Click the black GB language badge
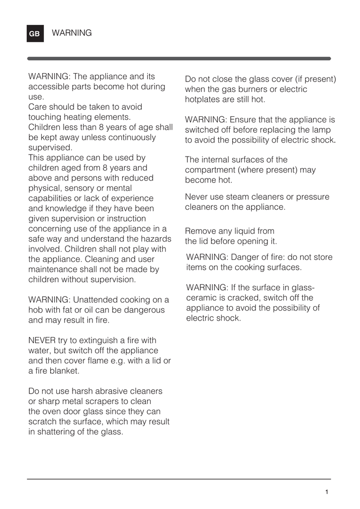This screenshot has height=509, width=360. pyautogui.click(x=35, y=34)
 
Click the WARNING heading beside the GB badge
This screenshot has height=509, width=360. pyautogui.click(x=72, y=33)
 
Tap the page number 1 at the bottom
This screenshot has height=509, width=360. pyautogui.click(x=327, y=492)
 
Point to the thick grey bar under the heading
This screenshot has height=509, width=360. pyautogui.click(x=179, y=59)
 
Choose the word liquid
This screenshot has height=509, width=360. pyautogui.click(x=239, y=231)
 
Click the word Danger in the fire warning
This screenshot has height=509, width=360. pyautogui.click(x=245, y=257)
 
